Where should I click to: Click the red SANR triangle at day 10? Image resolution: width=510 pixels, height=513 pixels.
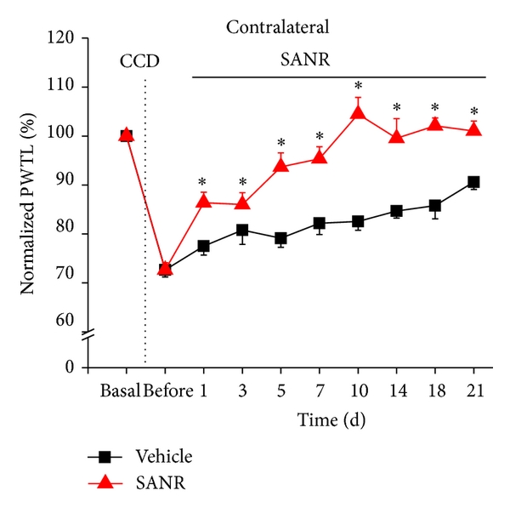point(358,111)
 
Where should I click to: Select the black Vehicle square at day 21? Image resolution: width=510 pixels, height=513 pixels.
point(473,182)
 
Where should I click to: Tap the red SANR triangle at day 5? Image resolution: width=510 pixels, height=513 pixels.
point(280,165)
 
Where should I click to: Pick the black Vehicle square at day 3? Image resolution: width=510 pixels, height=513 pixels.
point(242,230)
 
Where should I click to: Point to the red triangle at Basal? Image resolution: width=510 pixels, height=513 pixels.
point(127,134)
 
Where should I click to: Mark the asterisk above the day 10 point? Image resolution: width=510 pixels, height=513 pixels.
point(358,86)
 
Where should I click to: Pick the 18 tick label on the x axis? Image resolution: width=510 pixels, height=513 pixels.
point(434,392)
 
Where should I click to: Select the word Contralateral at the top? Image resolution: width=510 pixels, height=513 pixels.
point(277,27)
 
